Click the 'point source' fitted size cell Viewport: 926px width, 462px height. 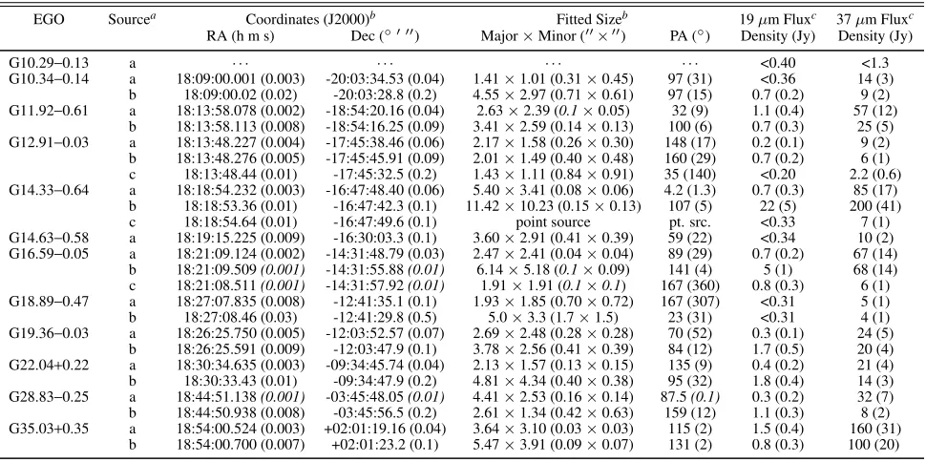(554, 222)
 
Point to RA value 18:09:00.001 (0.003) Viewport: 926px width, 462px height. (241, 79)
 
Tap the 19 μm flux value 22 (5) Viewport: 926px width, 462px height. (778, 206)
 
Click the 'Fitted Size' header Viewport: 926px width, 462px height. (592, 19)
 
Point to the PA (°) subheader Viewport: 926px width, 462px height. (688, 36)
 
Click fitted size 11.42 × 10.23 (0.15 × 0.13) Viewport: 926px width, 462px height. (554, 206)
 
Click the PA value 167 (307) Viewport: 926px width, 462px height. (688, 302)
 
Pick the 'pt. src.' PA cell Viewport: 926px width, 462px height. (688, 222)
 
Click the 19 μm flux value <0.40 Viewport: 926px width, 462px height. (778, 63)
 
